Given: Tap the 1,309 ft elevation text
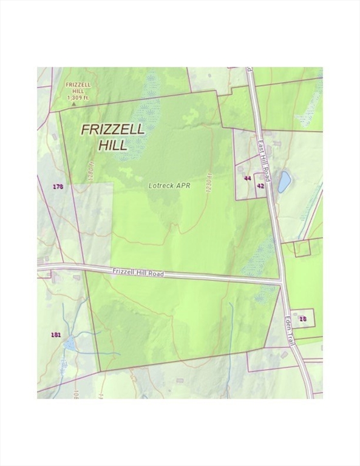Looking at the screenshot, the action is point(78,97).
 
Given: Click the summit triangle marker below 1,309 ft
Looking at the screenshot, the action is point(73,104).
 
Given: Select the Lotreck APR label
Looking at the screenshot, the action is point(169,186).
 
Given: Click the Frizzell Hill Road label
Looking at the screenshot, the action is point(138,273).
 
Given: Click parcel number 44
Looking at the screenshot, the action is point(247,178).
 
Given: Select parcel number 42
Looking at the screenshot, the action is point(260,186).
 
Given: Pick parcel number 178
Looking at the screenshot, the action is point(58,186).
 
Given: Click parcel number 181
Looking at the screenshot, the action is point(56,334).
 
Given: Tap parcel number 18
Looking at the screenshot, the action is point(303,319).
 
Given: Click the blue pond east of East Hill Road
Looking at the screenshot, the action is point(284,182).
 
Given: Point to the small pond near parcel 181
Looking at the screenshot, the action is point(70,344).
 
